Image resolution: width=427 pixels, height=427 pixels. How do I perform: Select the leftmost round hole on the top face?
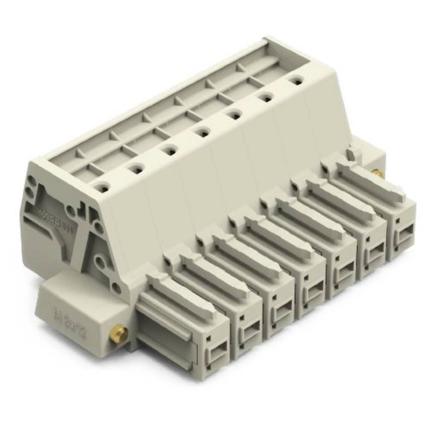tap(102, 186)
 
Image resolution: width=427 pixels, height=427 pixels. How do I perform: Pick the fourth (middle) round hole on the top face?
tap(203, 133)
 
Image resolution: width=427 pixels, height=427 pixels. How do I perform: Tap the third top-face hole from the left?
tap(170, 150)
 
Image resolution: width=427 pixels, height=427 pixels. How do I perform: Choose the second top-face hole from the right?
tap(266, 97)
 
